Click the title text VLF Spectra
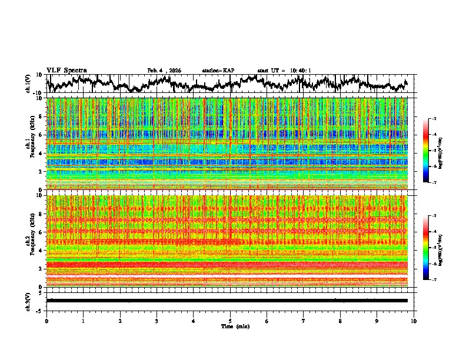(x=66, y=71)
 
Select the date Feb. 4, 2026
(x=164, y=71)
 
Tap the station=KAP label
(x=218, y=71)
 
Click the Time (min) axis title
(x=230, y=326)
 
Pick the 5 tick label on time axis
(x=230, y=321)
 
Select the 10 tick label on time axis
(x=414, y=321)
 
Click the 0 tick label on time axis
(x=46, y=321)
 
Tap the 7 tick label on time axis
(x=304, y=321)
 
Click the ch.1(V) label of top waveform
(x=28, y=84)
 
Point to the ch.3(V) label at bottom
(x=28, y=301)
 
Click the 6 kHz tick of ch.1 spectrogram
(x=40, y=135)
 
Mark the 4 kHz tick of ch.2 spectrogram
(x=40, y=250)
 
